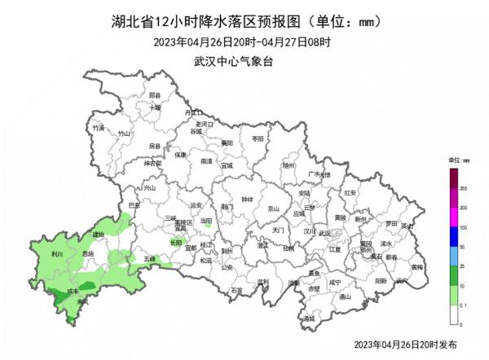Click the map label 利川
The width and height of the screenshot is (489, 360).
click(x=57, y=255)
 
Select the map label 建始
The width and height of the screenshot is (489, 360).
click(x=99, y=235)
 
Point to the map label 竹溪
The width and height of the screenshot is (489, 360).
click(x=99, y=128)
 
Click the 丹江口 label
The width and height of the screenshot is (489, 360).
click(x=192, y=112)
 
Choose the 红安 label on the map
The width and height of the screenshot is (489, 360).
click(x=350, y=192)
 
